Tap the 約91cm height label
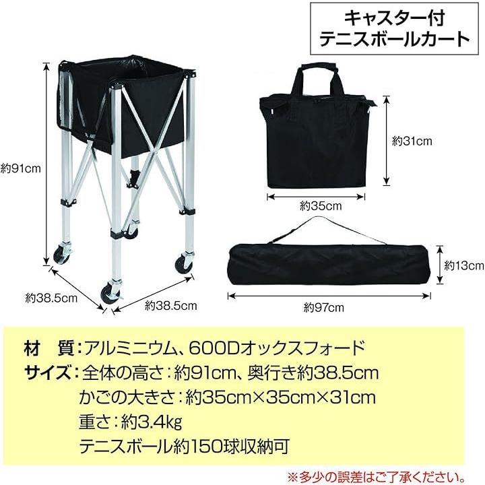click(x=21, y=168)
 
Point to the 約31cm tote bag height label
click(x=412, y=141)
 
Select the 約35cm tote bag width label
click(x=321, y=206)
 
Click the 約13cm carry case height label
click(x=464, y=265)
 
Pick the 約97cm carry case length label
click(x=323, y=308)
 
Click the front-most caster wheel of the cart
click(x=110, y=293)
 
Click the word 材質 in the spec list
click(x=49, y=348)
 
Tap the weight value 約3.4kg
click(x=152, y=422)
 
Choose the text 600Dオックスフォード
click(x=276, y=348)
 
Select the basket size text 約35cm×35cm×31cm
click(x=280, y=397)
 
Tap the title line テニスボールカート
click(x=394, y=39)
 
